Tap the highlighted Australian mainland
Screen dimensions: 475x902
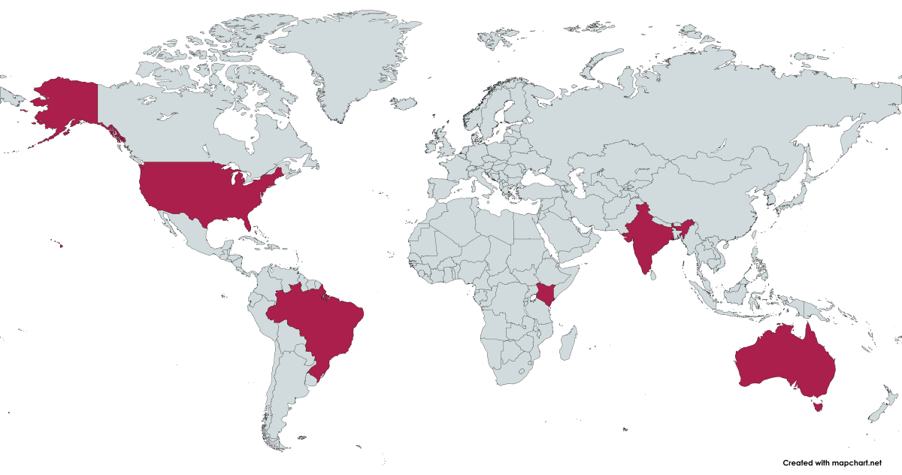coord(782,361)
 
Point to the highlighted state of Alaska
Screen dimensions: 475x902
coord(68,105)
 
